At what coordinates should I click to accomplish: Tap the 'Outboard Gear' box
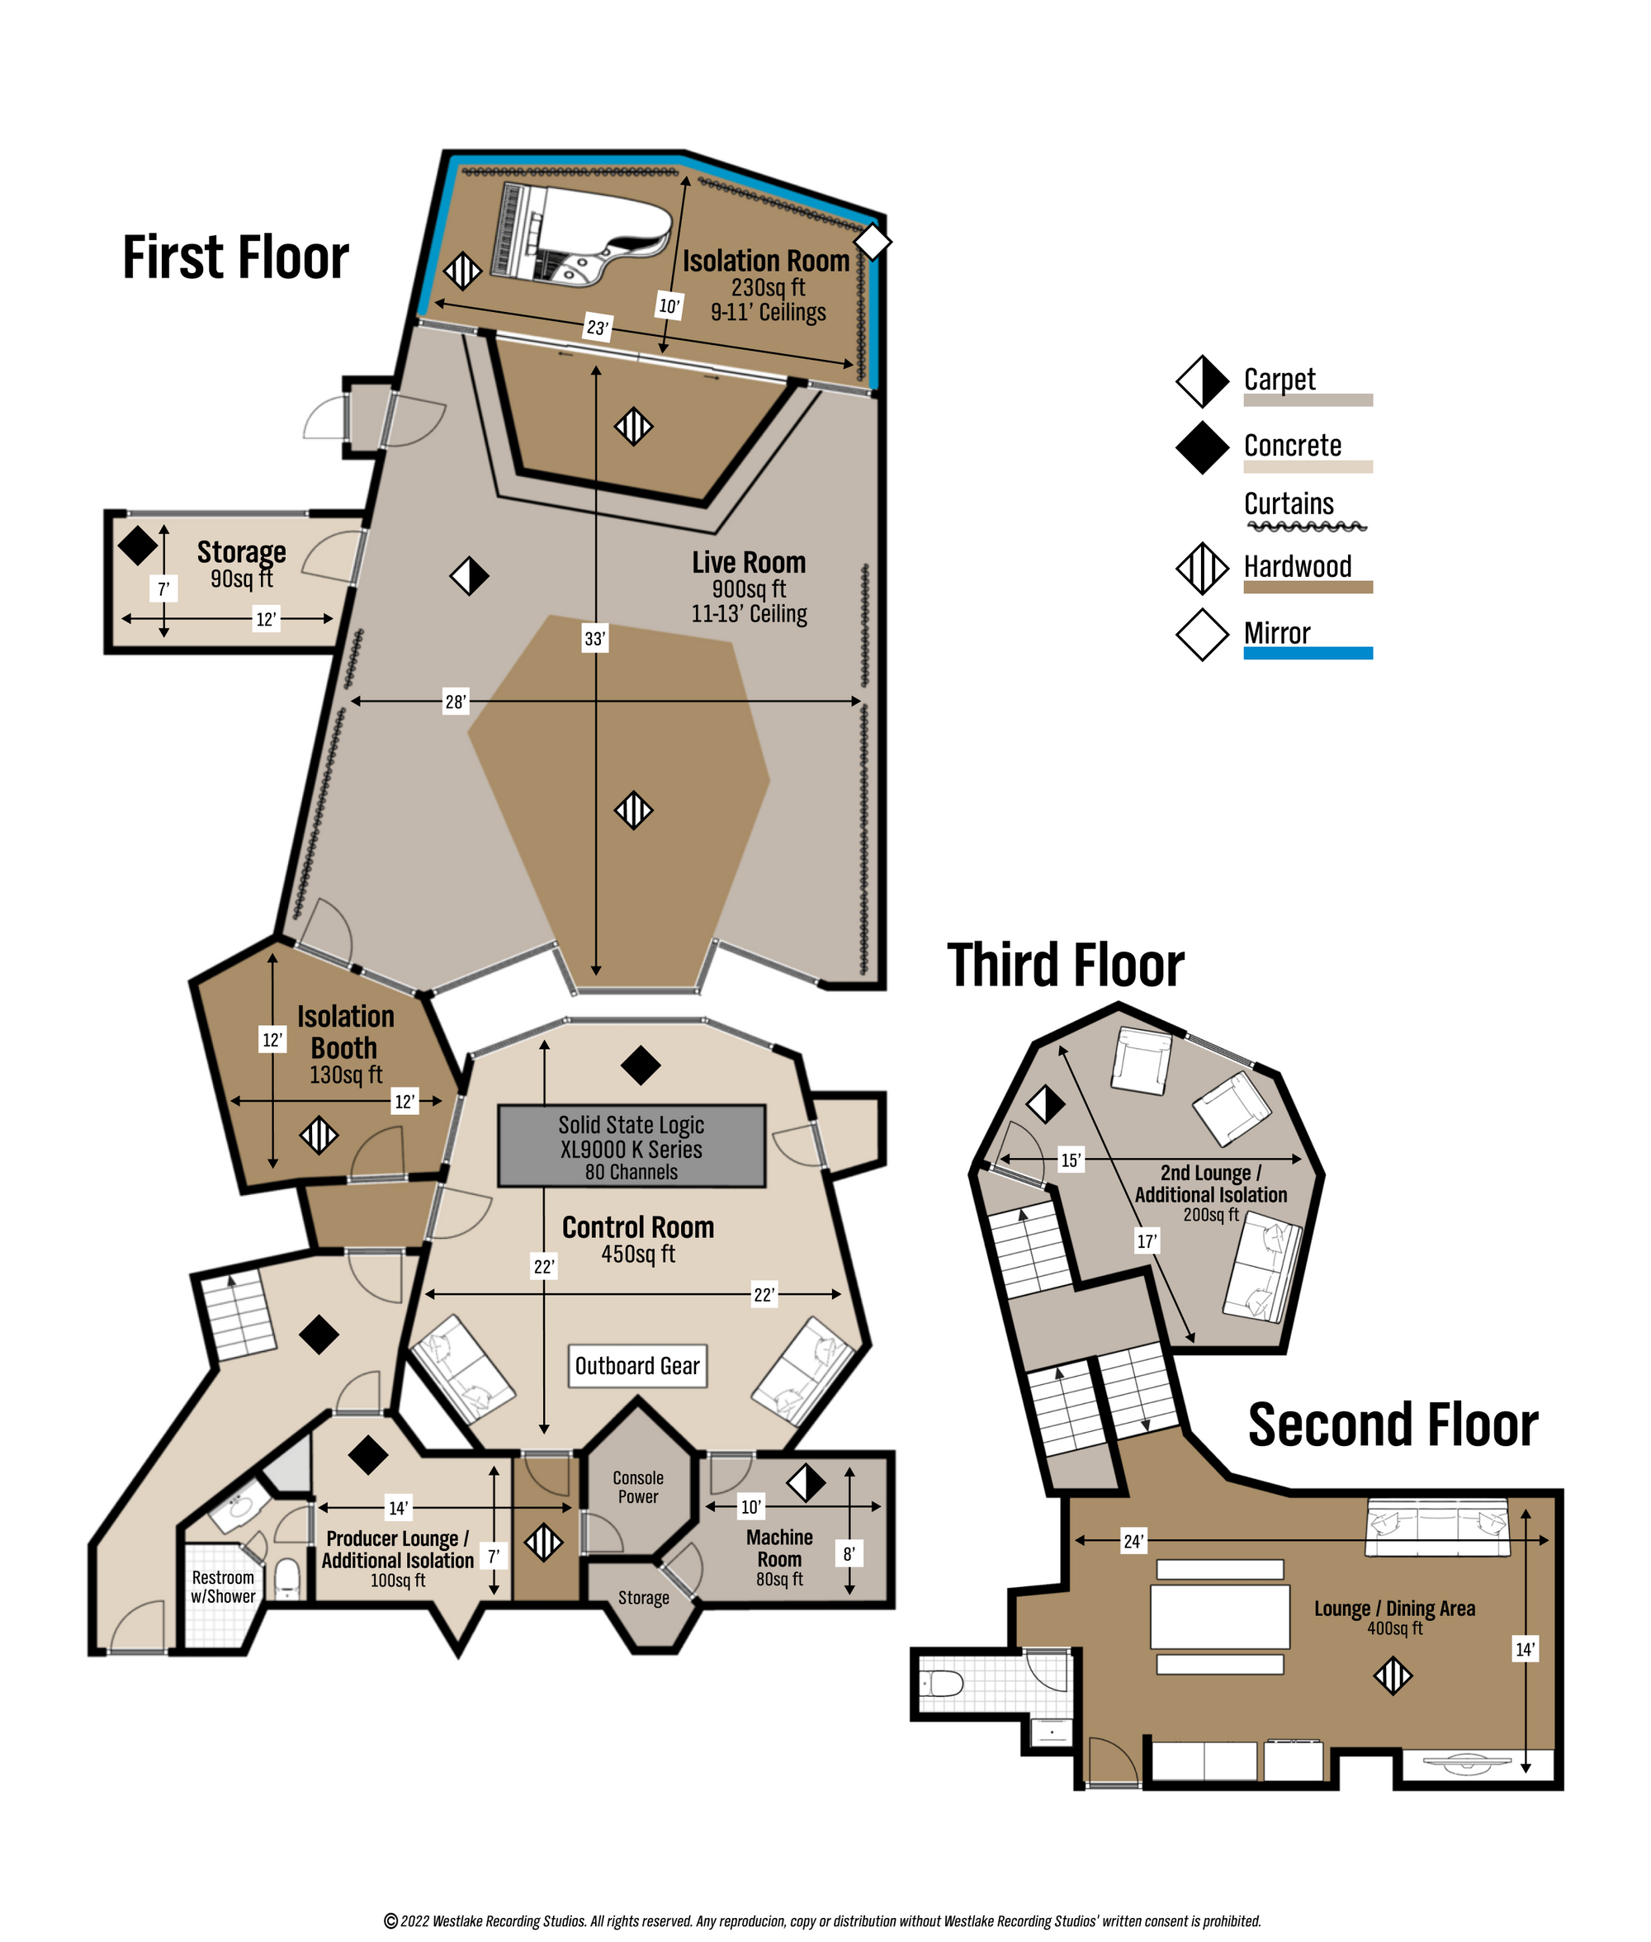coord(636,1367)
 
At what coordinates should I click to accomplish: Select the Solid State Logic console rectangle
coord(632,1146)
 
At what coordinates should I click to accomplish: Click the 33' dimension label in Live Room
coord(595,640)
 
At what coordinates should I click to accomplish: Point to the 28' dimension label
coord(455,702)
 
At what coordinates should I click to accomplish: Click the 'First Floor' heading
coord(236,258)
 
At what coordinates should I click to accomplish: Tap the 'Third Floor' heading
coord(1066,965)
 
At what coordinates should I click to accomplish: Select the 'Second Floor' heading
coord(1393,1425)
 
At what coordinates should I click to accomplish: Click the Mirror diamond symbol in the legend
coord(1203,635)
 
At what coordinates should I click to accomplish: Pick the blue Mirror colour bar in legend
coord(1308,654)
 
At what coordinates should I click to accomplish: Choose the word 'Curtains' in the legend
coord(1289,503)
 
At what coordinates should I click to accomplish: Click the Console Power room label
coord(638,1487)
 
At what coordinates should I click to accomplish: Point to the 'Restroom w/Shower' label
coord(223,1587)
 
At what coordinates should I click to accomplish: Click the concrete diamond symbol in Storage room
coord(138,546)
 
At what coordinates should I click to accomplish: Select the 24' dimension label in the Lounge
coord(1133,1542)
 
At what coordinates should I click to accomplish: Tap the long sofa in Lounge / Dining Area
coord(1437,1527)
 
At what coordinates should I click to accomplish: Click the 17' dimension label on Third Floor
coord(1147,1242)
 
